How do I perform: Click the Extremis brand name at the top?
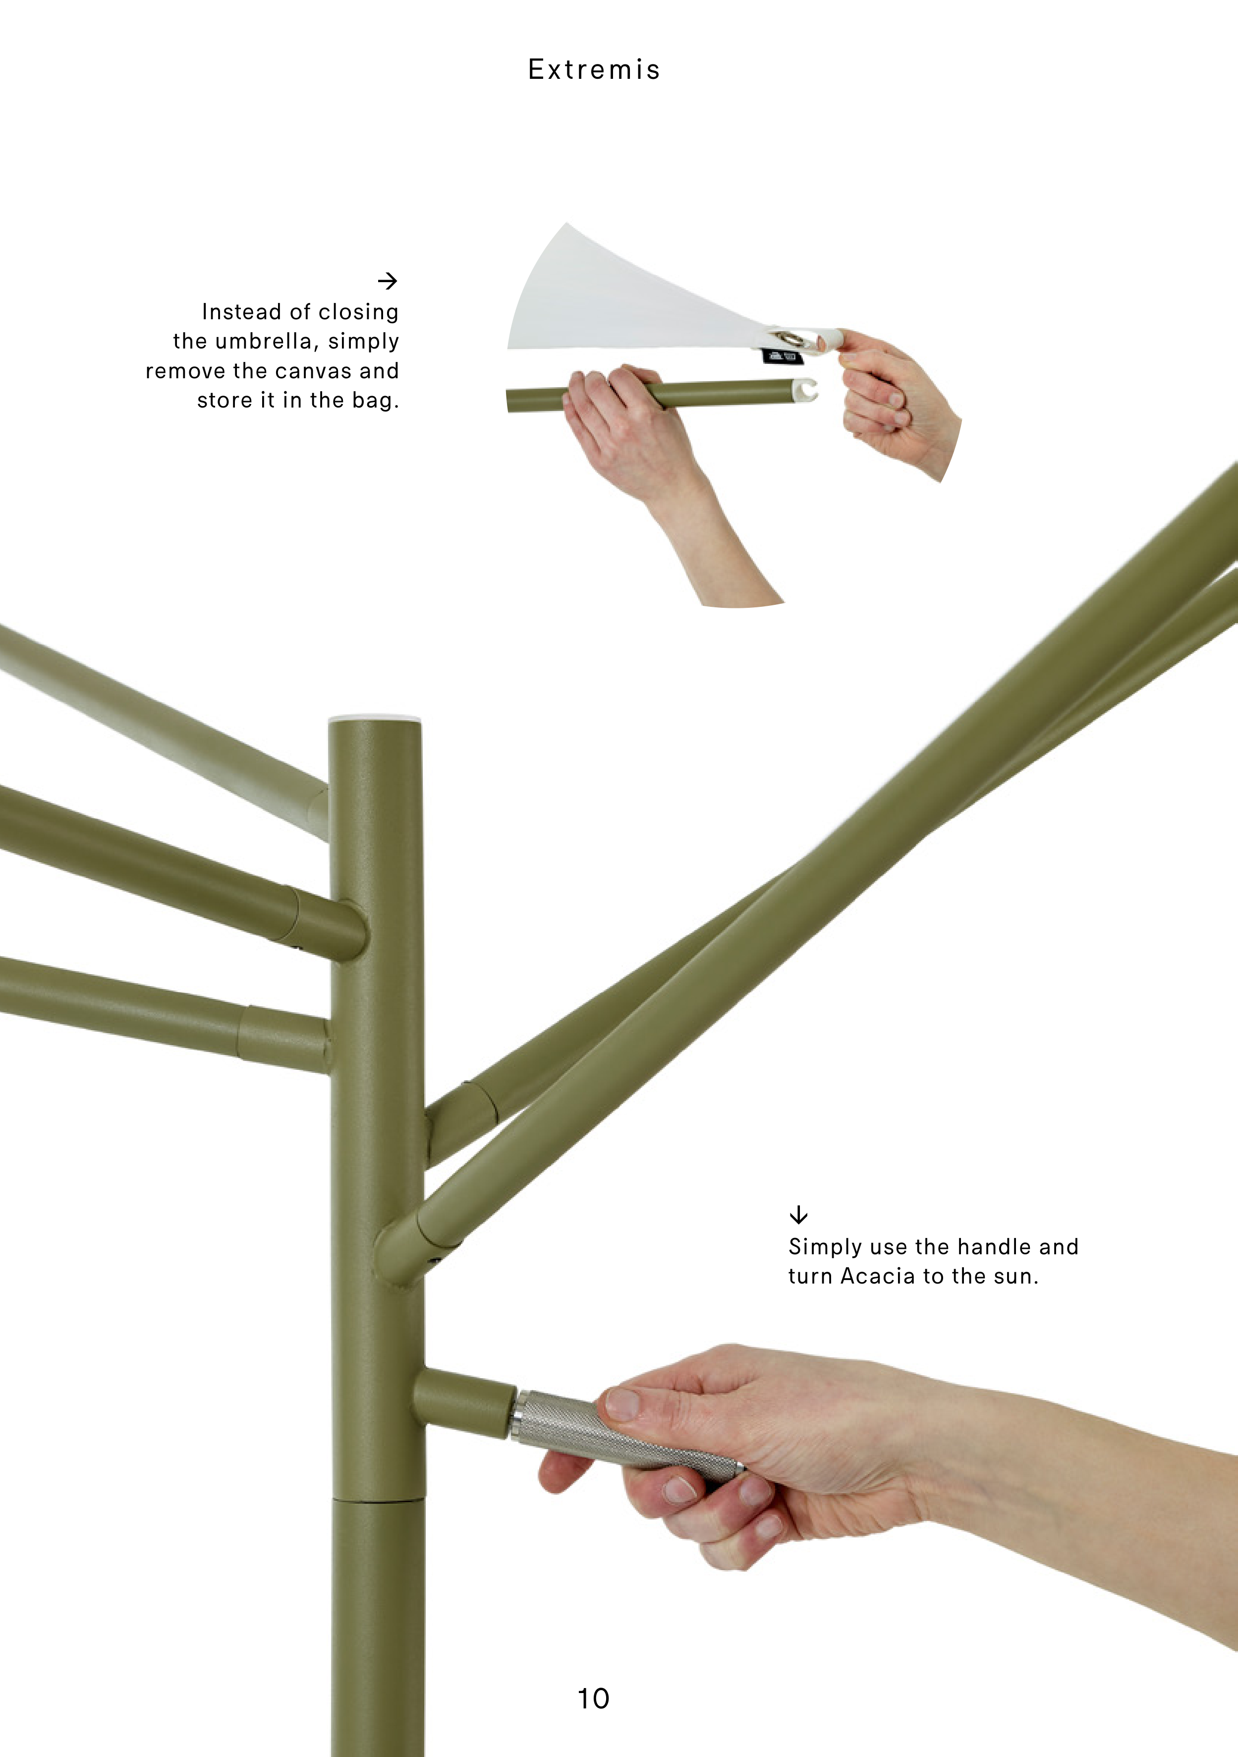[x=594, y=69]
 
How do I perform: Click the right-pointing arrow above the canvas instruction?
[x=388, y=281]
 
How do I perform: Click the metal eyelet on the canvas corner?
[x=789, y=338]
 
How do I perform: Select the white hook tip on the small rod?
[x=806, y=390]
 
